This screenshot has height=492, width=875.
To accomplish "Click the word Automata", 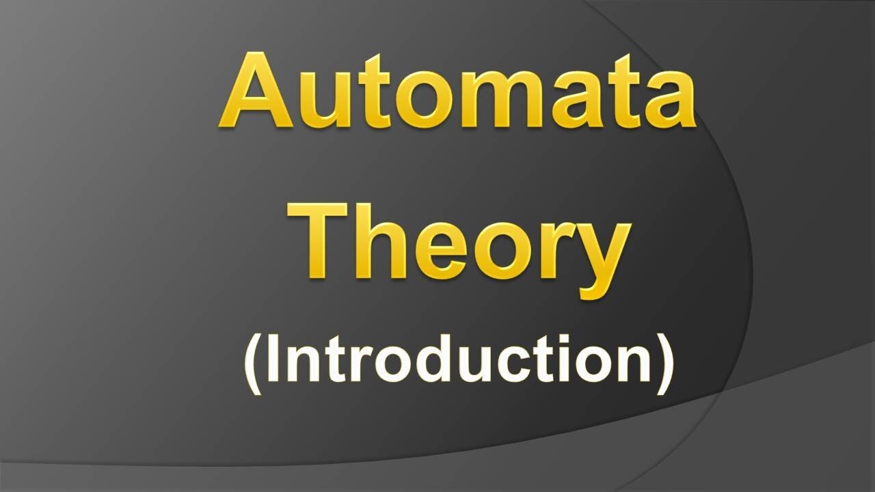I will tap(457, 92).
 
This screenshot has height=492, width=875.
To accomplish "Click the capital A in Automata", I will tap(256, 92).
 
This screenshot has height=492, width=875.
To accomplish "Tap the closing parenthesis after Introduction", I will tap(664, 362).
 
